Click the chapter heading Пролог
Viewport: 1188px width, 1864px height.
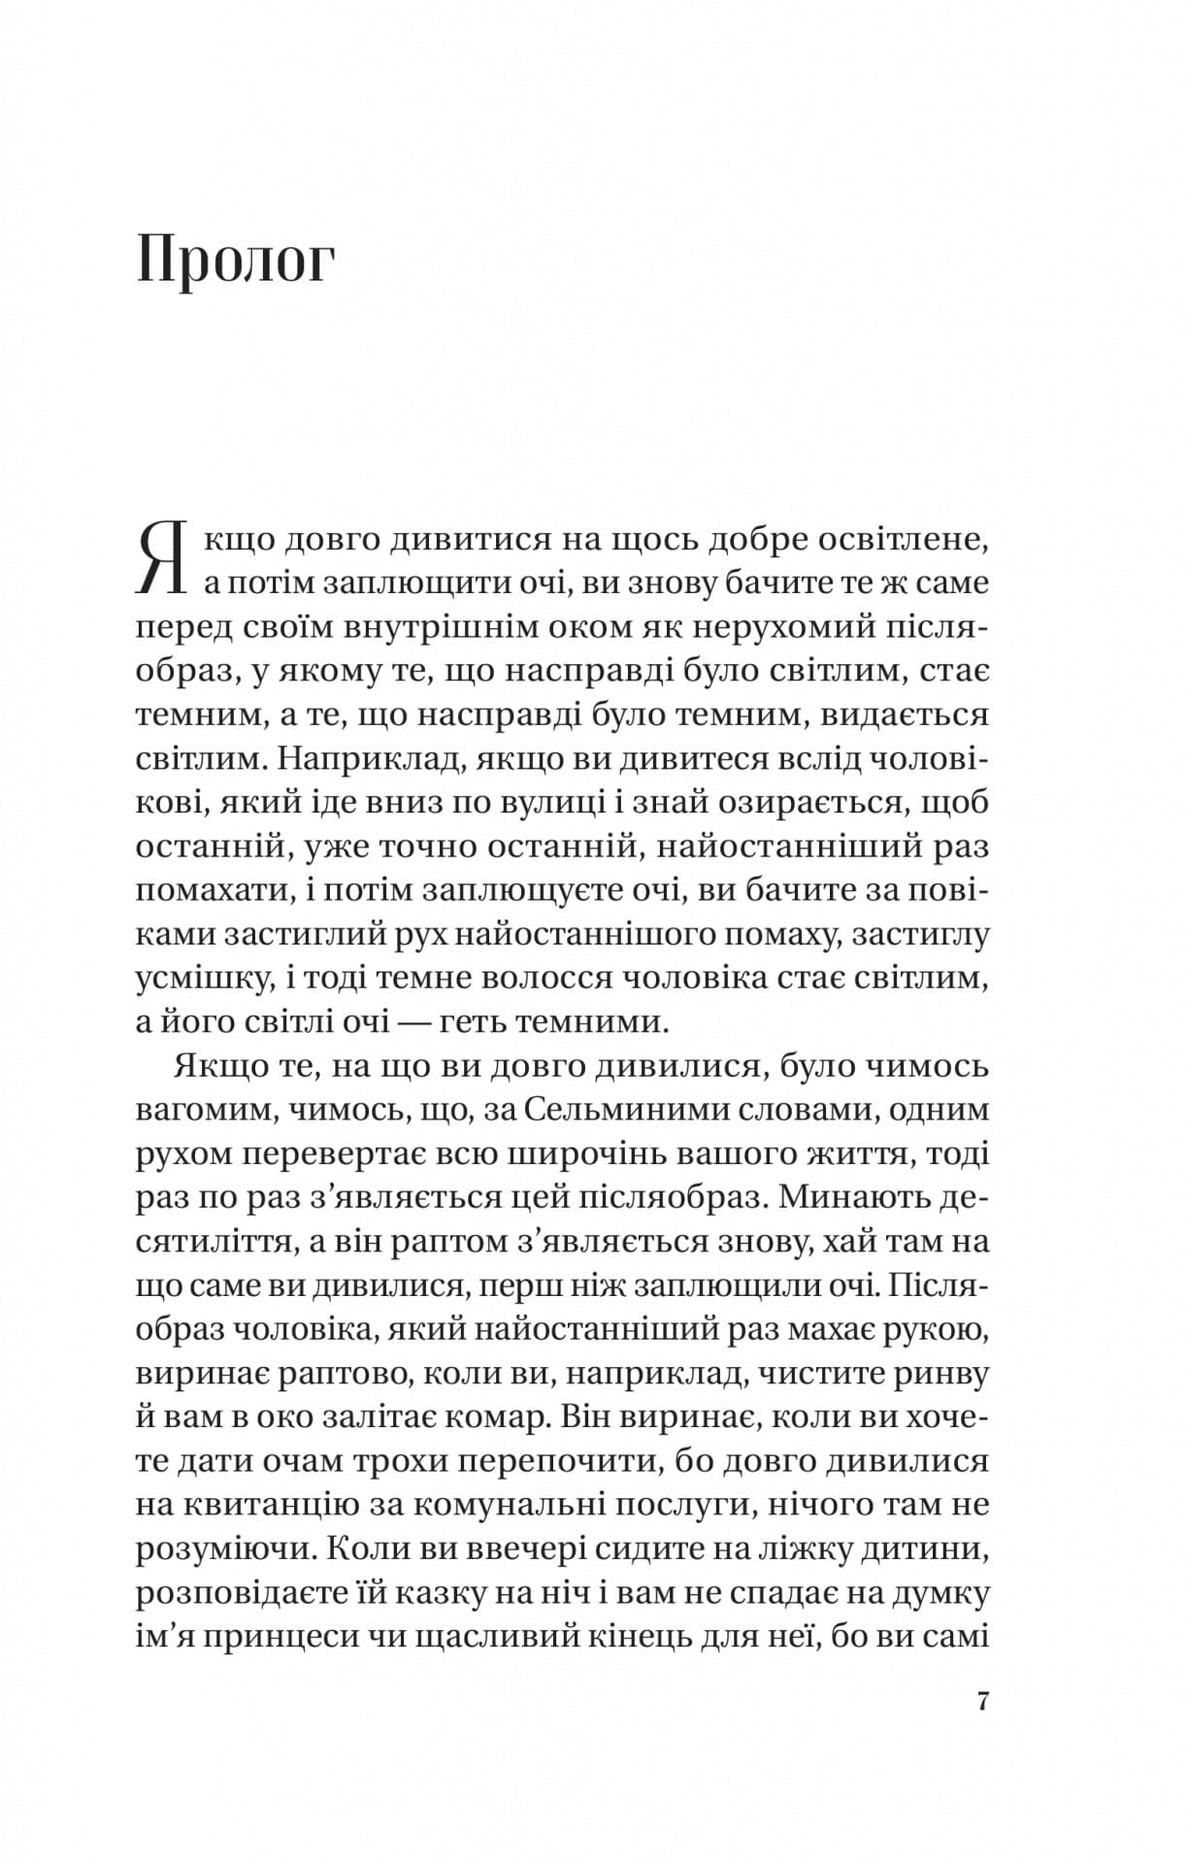(236, 261)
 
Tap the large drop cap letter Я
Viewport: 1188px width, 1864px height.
(162, 559)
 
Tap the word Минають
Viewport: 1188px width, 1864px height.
(853, 1198)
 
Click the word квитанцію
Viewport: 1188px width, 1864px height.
(269, 1506)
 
